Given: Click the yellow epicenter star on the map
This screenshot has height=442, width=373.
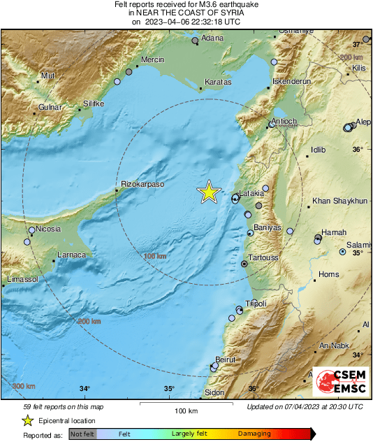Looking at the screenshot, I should [x=208, y=192].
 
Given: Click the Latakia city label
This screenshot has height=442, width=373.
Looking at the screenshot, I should [x=252, y=193].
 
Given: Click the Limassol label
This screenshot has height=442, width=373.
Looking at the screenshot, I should [x=21, y=279].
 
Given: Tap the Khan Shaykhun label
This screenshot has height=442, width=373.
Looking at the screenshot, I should [x=340, y=201].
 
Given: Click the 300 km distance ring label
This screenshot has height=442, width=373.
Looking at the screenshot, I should [x=24, y=386].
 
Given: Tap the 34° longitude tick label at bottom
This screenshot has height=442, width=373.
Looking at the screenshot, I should [x=85, y=390].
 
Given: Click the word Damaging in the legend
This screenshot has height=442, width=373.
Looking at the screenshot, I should [x=254, y=434].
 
